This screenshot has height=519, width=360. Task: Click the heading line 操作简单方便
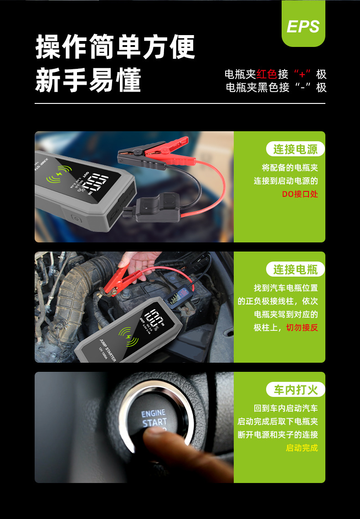[115, 46]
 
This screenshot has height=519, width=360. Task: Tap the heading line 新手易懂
[88, 80]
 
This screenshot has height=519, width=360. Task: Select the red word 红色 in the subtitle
[267, 74]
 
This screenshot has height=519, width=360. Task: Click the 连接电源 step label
[295, 149]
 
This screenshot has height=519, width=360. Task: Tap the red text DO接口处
[299, 194]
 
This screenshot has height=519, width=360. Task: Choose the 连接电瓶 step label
[295, 269]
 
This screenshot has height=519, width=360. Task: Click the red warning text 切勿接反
[302, 327]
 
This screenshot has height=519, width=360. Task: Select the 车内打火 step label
[295, 390]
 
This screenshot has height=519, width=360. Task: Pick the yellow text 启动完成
[302, 447]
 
